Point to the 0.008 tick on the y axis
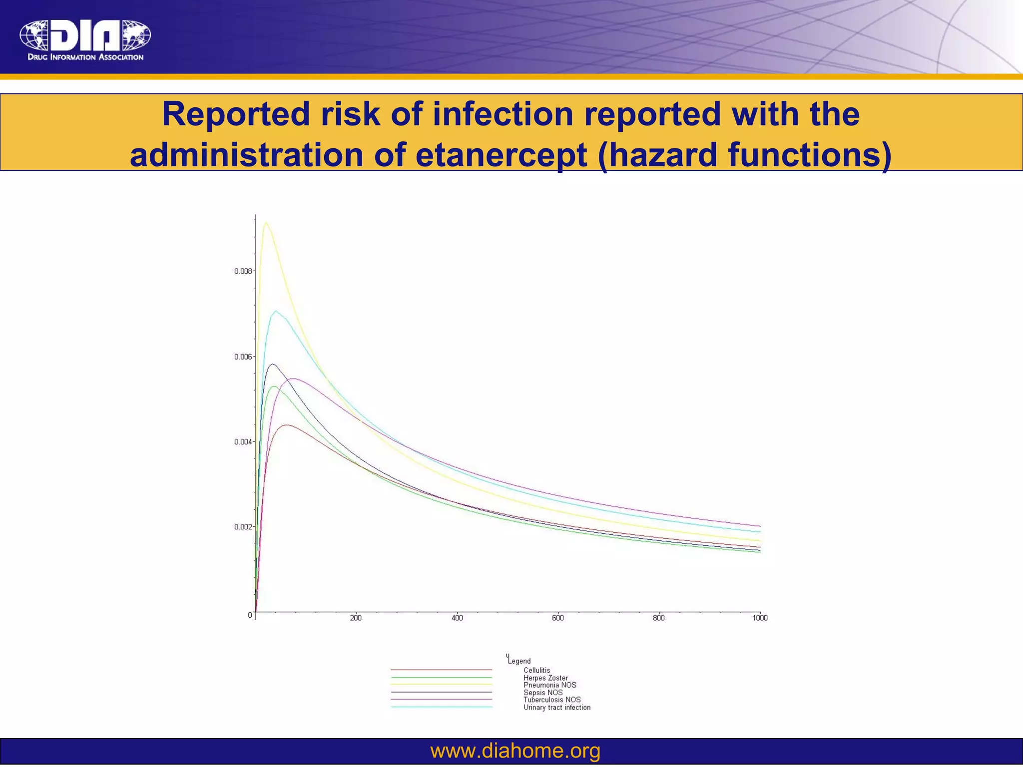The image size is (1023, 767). pyautogui.click(x=244, y=271)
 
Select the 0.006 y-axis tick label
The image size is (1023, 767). pyautogui.click(x=244, y=357)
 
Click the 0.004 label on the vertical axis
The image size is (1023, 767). pyautogui.click(x=244, y=442)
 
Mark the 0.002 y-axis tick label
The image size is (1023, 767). pyautogui.click(x=244, y=527)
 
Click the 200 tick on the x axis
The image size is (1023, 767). pyautogui.click(x=356, y=618)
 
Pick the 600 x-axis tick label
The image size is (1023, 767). pyautogui.click(x=558, y=618)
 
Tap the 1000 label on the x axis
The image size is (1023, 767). pyautogui.click(x=760, y=618)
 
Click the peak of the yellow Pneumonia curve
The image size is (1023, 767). pyautogui.click(x=266, y=223)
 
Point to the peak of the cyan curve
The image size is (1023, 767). pyautogui.click(x=275, y=311)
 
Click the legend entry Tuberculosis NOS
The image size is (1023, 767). pyautogui.click(x=551, y=700)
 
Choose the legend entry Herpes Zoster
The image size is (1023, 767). pyautogui.click(x=545, y=678)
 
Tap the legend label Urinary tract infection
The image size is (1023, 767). pyautogui.click(x=556, y=708)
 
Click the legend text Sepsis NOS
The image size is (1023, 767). pyautogui.click(x=542, y=693)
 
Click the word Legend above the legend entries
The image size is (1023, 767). pyautogui.click(x=519, y=661)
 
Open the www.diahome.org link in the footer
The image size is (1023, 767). pyautogui.click(x=515, y=751)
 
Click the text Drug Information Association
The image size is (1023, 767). pyautogui.click(x=85, y=57)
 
